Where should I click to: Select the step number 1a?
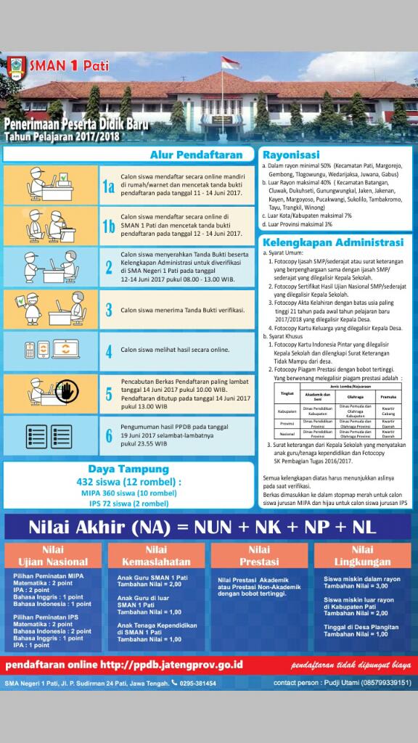[x=108, y=187]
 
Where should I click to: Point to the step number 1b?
[x=108, y=227]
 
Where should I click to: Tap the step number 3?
[x=108, y=310]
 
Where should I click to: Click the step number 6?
[x=108, y=435]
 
